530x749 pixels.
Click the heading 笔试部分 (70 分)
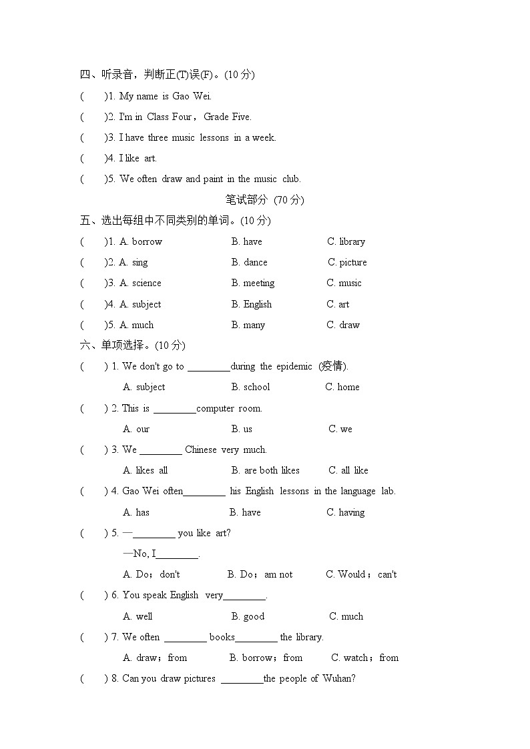pyautogui.click(x=264, y=199)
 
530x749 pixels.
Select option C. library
pyautogui.click(x=346, y=241)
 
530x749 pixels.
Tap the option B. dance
pyautogui.click(x=249, y=262)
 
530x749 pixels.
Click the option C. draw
pyautogui.click(x=343, y=325)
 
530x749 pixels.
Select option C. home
pyautogui.click(x=342, y=387)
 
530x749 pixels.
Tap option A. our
pyautogui.click(x=136, y=429)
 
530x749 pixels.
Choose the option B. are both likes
pyautogui.click(x=265, y=470)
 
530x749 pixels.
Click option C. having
pyautogui.click(x=345, y=512)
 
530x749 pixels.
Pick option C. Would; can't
pyautogui.click(x=361, y=574)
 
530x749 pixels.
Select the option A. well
pyautogui.click(x=138, y=616)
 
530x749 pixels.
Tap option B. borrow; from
pyautogui.click(x=266, y=658)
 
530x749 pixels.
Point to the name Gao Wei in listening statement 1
pyautogui.click(x=191, y=96)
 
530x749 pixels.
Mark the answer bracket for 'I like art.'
pyautogui.click(x=93, y=158)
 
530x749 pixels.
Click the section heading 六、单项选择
pyautogui.click(x=132, y=345)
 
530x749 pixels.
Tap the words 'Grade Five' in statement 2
pyautogui.click(x=227, y=117)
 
